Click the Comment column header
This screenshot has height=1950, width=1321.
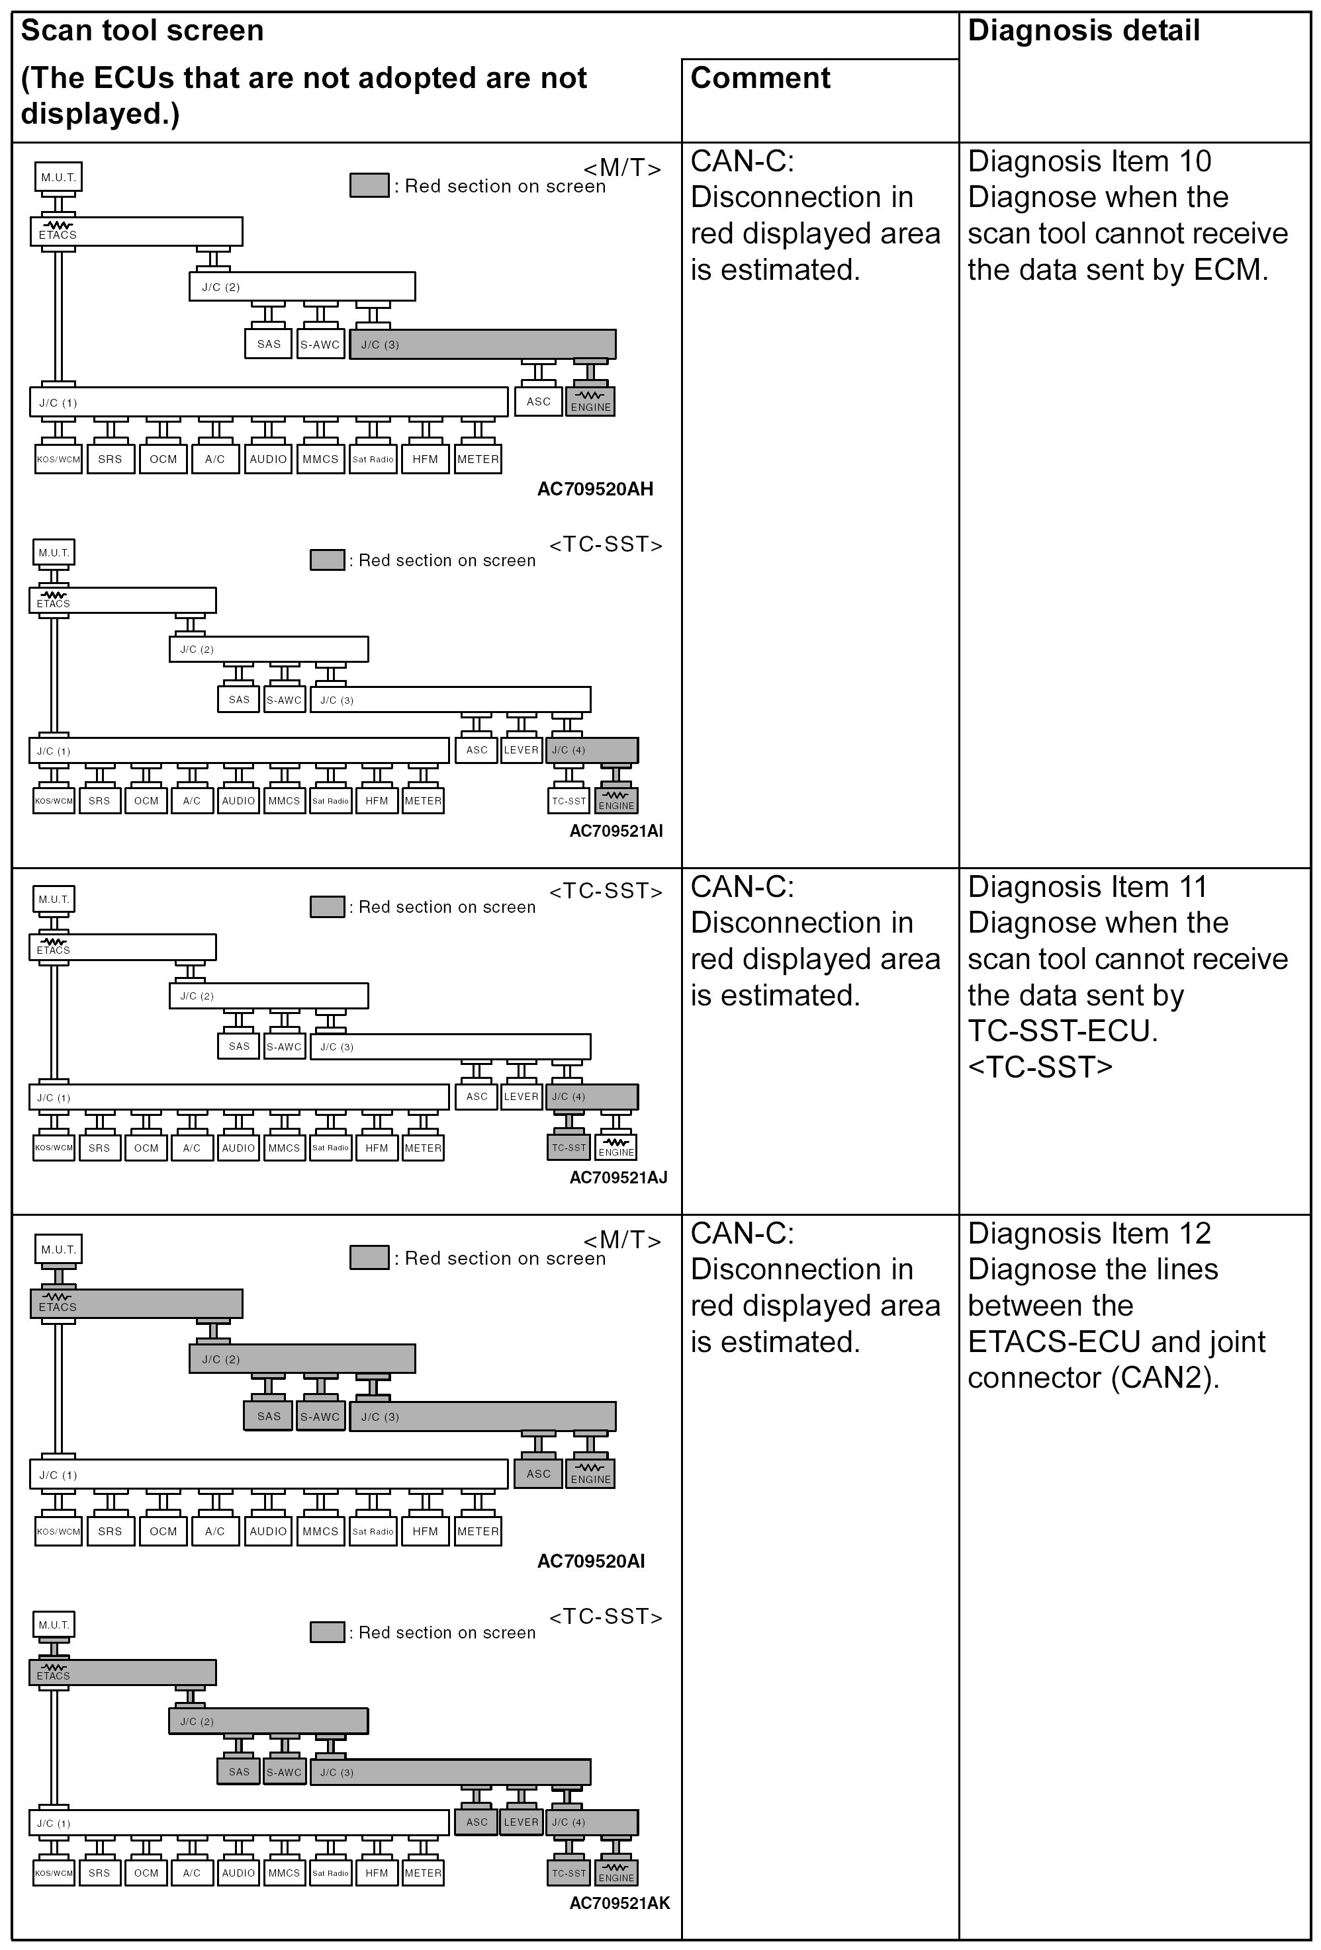(760, 78)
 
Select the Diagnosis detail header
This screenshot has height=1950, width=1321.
(1083, 31)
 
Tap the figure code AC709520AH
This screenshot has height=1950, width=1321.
(594, 488)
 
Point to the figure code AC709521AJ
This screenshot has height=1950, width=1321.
(617, 1177)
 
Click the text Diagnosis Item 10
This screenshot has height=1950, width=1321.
(1089, 161)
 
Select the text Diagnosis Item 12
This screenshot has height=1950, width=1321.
(1089, 1234)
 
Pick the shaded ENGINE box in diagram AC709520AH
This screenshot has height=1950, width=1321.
(591, 401)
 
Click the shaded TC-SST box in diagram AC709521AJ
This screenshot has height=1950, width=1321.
(569, 1147)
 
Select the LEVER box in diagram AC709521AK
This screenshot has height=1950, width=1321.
(521, 1822)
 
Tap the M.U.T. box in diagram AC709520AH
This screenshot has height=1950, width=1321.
(59, 177)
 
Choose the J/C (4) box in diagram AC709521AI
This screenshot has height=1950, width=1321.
(592, 750)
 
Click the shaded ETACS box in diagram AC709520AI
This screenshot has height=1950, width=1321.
(136, 1304)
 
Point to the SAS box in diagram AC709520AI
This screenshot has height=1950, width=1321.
(269, 1416)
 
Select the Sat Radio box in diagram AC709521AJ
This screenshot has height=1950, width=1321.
(331, 1147)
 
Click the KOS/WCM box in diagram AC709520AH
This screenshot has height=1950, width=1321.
(59, 459)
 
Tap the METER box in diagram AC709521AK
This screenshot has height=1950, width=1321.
(423, 1873)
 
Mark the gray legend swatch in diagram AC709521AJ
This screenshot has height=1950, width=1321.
(328, 907)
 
